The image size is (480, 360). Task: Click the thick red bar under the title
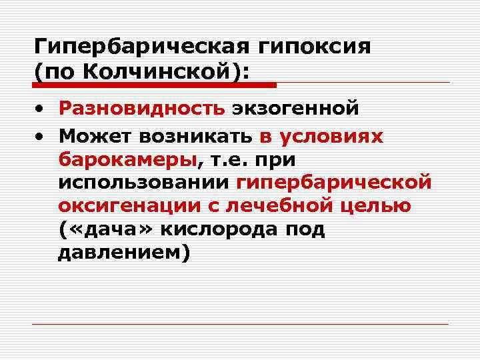point(155,85)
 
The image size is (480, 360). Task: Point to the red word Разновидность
point(141,107)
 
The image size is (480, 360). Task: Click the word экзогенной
point(295,107)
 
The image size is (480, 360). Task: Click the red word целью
point(379,205)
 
